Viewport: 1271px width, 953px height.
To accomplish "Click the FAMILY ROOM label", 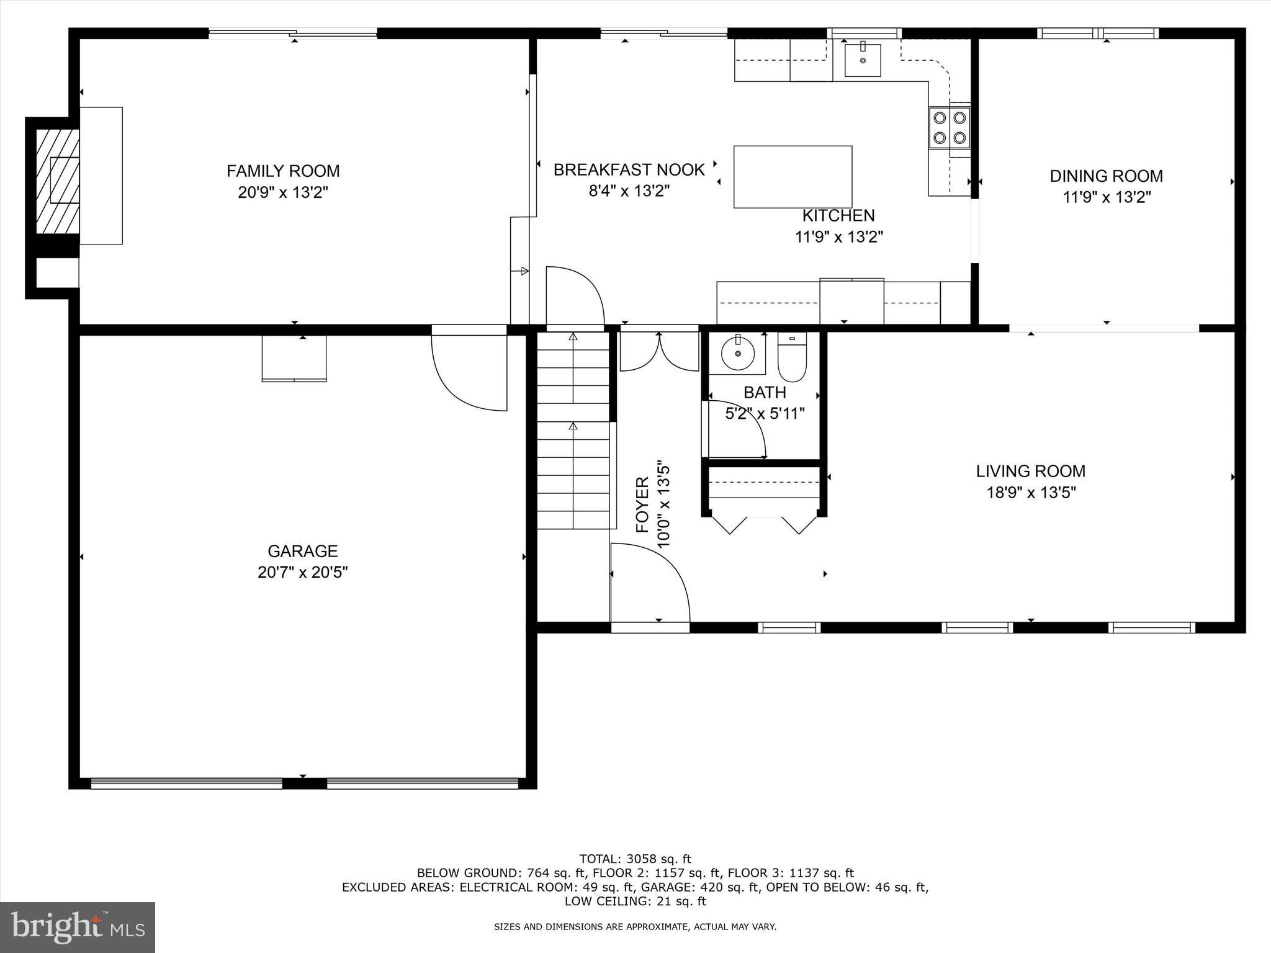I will [283, 171].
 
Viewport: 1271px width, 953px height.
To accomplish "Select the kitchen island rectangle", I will [793, 177].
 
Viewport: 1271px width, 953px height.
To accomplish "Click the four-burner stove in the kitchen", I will [949, 127].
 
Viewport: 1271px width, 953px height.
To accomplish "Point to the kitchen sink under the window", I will [863, 60].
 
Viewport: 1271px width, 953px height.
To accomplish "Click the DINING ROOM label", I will [1106, 176].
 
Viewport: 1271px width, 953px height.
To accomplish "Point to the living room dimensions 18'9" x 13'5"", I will [1031, 493].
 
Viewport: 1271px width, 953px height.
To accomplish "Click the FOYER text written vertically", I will [643, 504].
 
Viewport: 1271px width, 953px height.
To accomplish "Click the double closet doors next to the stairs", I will [659, 352].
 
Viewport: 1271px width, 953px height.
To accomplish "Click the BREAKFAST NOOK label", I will [629, 169].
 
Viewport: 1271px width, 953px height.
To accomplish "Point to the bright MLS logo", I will [78, 926].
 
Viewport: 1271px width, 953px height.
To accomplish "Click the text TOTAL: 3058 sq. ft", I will [635, 859].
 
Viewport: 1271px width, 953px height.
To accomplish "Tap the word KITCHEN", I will [838, 215].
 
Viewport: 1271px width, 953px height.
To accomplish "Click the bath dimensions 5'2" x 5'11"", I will [765, 413].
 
